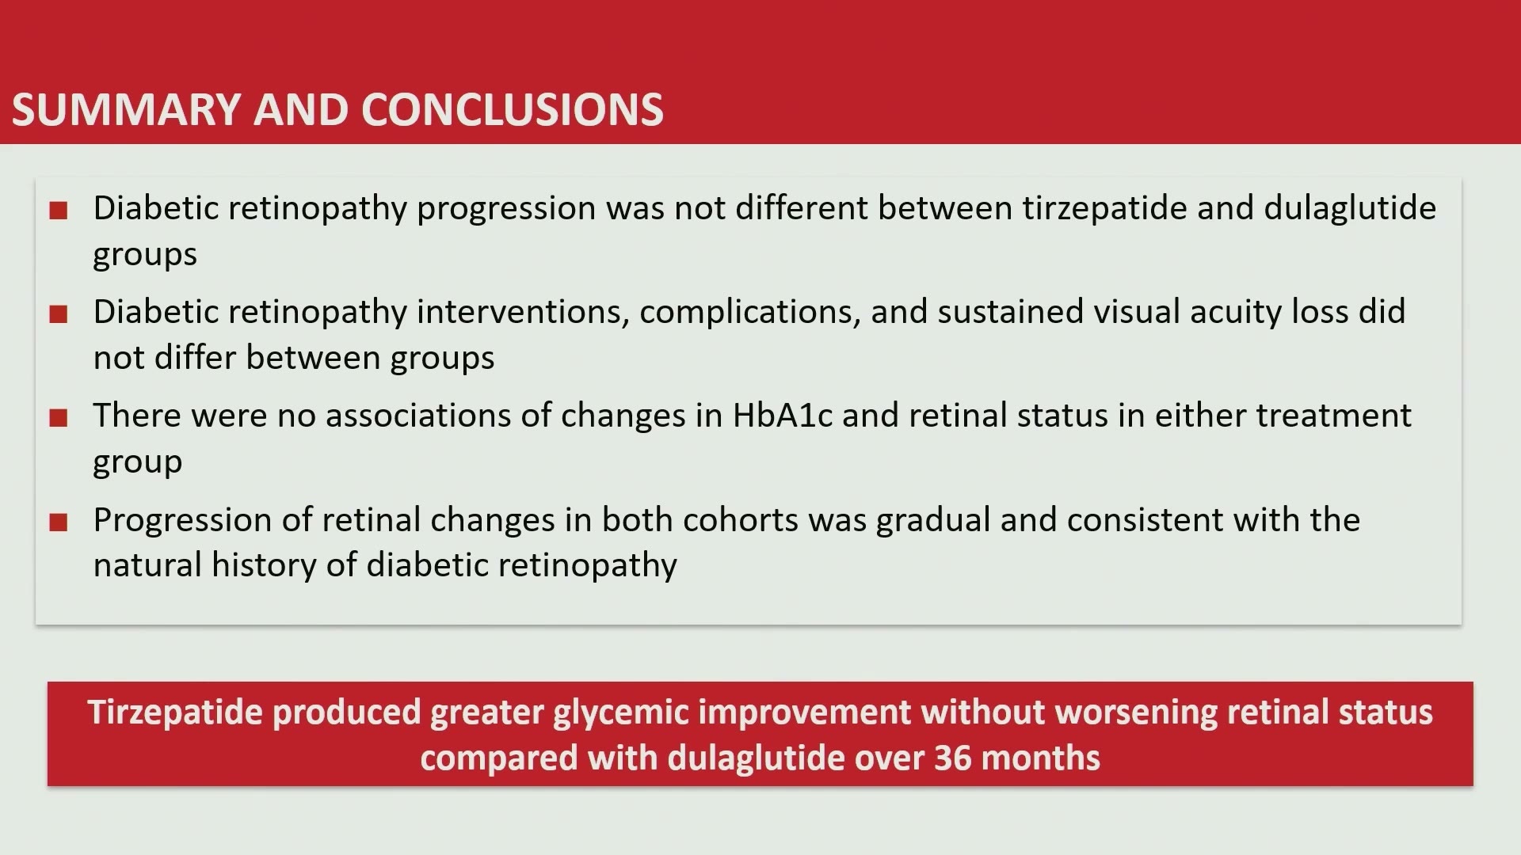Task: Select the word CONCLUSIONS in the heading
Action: [x=513, y=109]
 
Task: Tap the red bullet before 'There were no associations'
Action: [x=58, y=418]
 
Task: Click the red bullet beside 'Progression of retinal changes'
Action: [x=58, y=522]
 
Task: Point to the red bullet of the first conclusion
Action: [x=58, y=211]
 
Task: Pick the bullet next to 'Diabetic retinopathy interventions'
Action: [x=58, y=314]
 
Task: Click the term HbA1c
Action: [x=783, y=415]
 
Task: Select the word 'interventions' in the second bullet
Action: [x=523, y=312]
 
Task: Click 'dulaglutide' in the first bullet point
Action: [x=1350, y=208]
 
